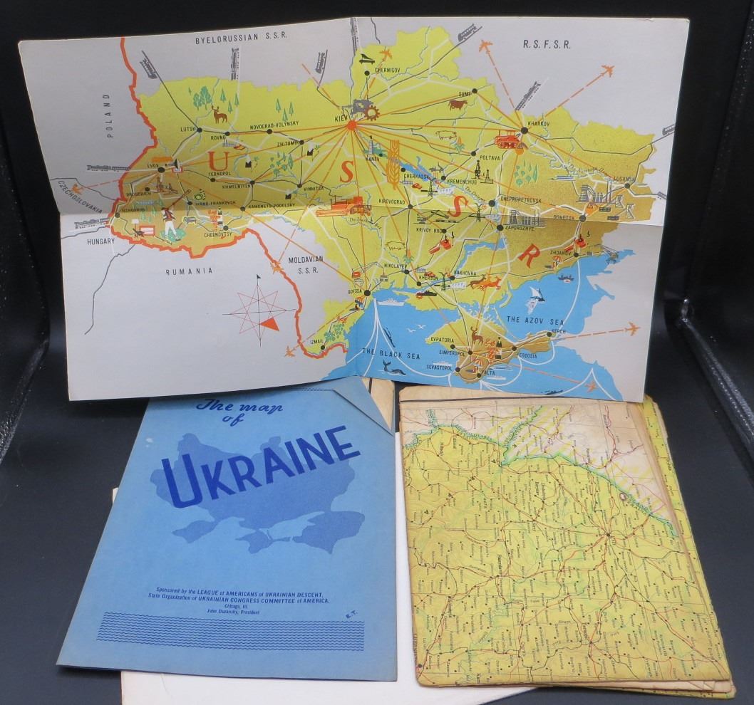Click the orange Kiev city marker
[351, 125]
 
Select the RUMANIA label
[190, 271]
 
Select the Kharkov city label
[535, 122]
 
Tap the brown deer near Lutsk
[220, 113]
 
